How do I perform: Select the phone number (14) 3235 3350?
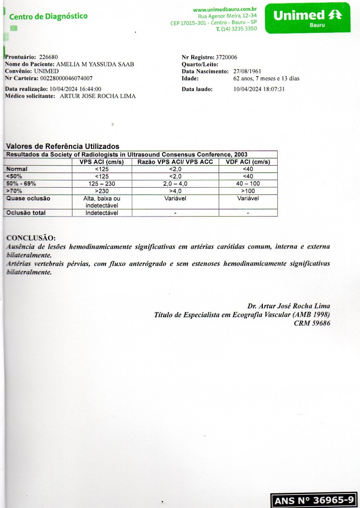[236, 29]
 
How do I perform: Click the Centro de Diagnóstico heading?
[48, 17]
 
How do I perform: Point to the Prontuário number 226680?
[49, 57]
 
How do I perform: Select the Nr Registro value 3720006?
[226, 57]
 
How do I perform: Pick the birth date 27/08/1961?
[247, 72]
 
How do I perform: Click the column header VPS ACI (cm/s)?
[102, 162]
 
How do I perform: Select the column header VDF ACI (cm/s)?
[248, 162]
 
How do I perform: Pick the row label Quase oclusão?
[28, 198]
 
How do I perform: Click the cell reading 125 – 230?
[102, 184]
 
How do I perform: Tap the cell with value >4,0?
[175, 191]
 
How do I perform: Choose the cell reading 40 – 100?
[248, 184]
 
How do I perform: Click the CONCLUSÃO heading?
[31, 238]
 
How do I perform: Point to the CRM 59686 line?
[311, 323]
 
